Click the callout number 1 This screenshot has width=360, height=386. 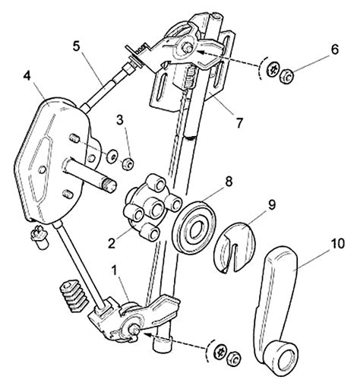click(115, 271)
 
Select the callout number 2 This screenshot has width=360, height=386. click(112, 243)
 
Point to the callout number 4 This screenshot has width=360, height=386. click(27, 76)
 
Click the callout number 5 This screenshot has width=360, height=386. click(76, 46)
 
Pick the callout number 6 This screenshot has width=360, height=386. click(335, 49)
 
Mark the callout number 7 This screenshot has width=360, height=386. click(239, 122)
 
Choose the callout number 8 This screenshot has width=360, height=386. click(229, 182)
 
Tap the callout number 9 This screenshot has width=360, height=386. click(271, 204)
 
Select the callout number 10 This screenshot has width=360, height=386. click(337, 243)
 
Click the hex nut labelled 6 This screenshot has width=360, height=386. click(287, 75)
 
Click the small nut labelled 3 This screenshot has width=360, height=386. click(128, 164)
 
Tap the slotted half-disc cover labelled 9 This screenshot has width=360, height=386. click(234, 247)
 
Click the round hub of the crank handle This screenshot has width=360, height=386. click(281, 359)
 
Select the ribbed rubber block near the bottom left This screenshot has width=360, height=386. click(74, 296)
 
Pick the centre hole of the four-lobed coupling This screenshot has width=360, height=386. click(155, 210)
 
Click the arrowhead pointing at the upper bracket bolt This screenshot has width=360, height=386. click(200, 52)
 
